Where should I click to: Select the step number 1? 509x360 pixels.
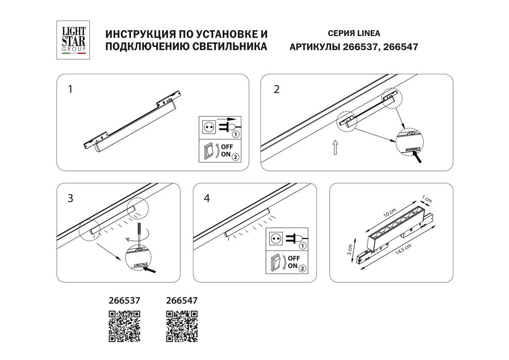tap(70, 89)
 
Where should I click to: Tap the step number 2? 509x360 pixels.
tap(277, 90)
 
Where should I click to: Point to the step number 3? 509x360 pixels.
tap(70, 198)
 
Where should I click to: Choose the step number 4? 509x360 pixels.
tap(207, 198)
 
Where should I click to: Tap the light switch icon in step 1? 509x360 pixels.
tap(208, 151)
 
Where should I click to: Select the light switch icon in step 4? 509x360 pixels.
tap(276, 263)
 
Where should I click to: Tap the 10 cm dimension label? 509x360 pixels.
tap(389, 212)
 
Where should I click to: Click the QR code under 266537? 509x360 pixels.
tap(125, 326)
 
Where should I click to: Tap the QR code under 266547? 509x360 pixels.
tap(182, 326)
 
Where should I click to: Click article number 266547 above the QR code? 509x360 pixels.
tap(181, 300)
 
